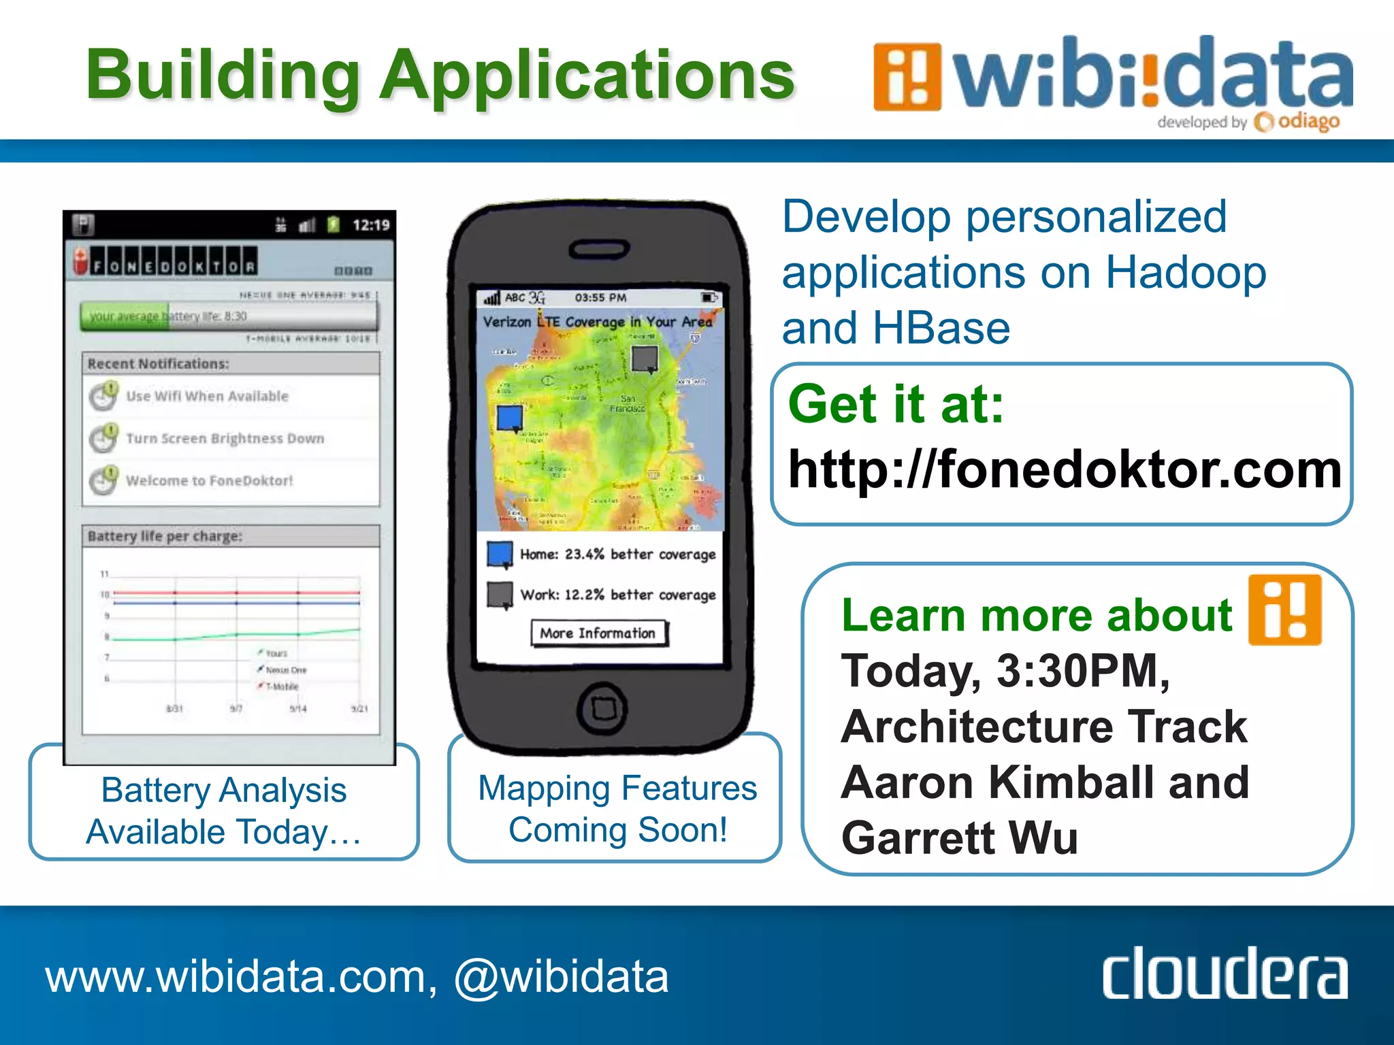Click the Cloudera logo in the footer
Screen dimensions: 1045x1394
[x=1224, y=974]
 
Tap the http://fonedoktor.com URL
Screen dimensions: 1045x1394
[x=1065, y=469]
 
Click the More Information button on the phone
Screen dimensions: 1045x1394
[x=598, y=633]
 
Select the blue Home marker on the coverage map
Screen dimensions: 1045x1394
[x=510, y=418]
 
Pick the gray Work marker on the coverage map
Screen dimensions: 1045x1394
[x=645, y=359]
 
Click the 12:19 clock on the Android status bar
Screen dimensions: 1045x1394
[x=371, y=225]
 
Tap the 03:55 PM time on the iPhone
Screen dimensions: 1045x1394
[x=600, y=298]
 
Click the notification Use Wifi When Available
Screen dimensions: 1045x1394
[x=207, y=396]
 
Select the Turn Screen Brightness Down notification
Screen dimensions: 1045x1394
[x=225, y=438]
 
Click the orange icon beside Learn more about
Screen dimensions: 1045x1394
[x=1284, y=610]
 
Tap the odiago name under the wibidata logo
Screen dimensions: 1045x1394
[x=1308, y=122]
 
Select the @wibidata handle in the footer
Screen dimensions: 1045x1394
[x=561, y=977]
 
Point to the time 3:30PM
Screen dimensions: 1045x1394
[x=1082, y=671]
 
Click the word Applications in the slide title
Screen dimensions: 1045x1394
[x=587, y=75]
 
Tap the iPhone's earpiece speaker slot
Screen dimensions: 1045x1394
[x=600, y=250]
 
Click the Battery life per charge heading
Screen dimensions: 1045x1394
[x=165, y=536]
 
